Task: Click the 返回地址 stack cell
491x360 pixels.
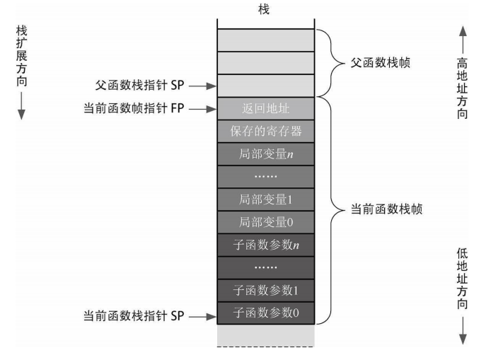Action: click(x=265, y=109)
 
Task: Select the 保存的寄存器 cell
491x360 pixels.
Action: click(x=265, y=132)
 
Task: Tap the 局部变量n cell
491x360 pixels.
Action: click(x=265, y=153)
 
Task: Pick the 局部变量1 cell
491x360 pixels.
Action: click(x=265, y=199)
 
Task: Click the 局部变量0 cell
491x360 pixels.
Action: click(x=265, y=221)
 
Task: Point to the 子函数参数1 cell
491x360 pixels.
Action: click(x=265, y=289)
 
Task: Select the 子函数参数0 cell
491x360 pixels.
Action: click(x=265, y=312)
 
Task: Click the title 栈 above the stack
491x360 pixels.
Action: click(x=265, y=10)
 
